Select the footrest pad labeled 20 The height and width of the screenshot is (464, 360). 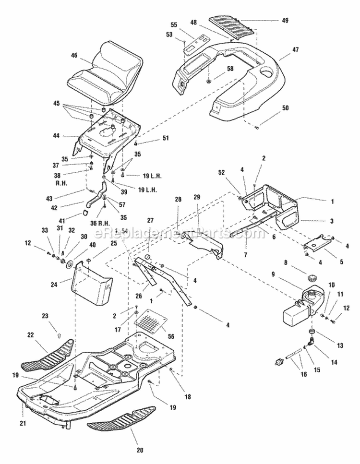(x=122, y=417)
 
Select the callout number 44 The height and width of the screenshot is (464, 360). (x=56, y=136)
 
